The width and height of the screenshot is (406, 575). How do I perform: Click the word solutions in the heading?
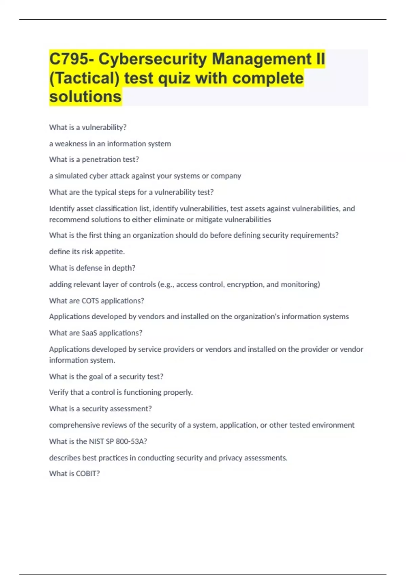click(85, 97)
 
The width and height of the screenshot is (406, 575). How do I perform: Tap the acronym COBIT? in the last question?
click(88, 474)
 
